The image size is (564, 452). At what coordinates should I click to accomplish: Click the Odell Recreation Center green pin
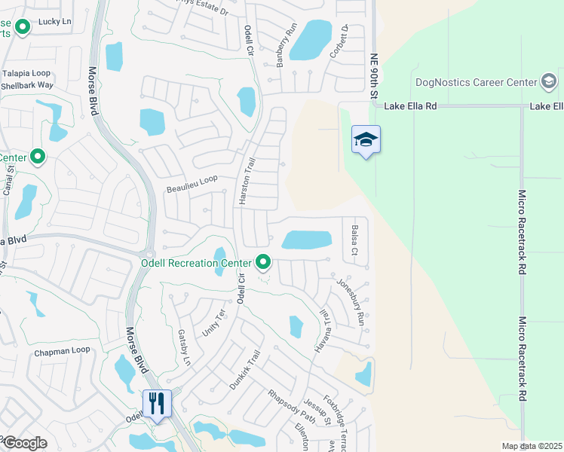click(x=263, y=262)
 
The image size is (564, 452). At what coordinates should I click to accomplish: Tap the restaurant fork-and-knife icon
click(x=157, y=403)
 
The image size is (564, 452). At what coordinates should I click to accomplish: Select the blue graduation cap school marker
click(x=366, y=139)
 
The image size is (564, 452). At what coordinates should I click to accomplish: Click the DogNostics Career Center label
click(x=474, y=81)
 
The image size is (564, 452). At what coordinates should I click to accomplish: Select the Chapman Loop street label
click(x=62, y=350)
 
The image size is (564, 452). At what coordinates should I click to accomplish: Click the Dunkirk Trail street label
click(x=246, y=369)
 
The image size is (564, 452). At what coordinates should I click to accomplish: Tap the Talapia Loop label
click(x=26, y=73)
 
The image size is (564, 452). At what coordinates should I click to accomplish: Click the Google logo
click(x=24, y=443)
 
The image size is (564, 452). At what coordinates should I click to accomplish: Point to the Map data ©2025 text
click(x=532, y=446)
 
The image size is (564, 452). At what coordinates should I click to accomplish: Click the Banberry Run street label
click(x=284, y=47)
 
